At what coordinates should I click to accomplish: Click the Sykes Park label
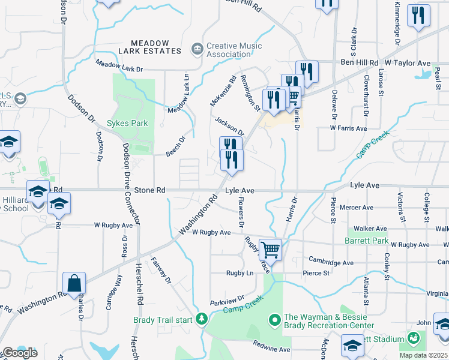point(127,124)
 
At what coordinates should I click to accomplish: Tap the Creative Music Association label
point(234,50)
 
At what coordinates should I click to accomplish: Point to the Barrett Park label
point(367,241)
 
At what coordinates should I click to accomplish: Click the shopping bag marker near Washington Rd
point(74,284)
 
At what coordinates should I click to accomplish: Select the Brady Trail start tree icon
point(202,319)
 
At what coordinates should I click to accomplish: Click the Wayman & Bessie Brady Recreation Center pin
point(275,320)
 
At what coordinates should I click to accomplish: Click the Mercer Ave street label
point(357,208)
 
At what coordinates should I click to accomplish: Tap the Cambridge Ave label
point(331,262)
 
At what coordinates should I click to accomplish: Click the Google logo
point(19,353)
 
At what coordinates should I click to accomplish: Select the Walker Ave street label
point(370,229)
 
